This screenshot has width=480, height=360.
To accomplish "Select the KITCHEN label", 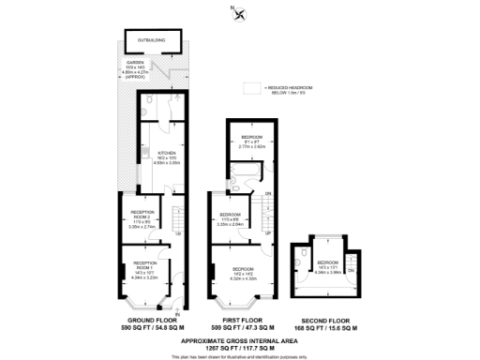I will (x=166, y=151).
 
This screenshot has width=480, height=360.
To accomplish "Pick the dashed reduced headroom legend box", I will (x=249, y=89).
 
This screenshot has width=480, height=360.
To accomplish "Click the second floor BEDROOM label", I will (x=327, y=262).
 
